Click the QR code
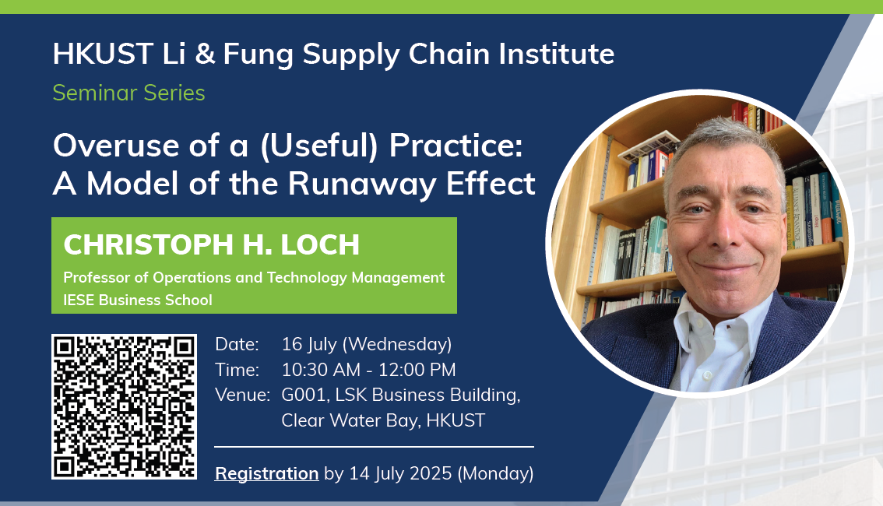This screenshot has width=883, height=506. tap(124, 407)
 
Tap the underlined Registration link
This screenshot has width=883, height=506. tap(267, 474)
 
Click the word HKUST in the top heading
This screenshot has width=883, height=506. tap(103, 54)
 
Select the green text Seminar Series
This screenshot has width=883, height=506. tap(129, 93)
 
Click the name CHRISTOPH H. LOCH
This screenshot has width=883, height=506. tap(211, 245)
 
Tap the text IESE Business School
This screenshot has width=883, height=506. tap(137, 300)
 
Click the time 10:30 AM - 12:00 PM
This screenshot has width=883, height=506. tap(369, 370)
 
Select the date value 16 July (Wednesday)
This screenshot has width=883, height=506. tap(367, 344)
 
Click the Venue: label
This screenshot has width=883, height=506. tap(243, 395)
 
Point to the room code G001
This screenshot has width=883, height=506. tap(304, 395)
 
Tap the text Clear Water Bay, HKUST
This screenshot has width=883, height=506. tap(383, 420)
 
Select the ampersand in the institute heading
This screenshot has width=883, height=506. tap(205, 54)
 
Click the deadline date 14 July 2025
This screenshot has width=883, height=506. tap(400, 474)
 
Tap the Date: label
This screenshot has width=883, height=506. tap(237, 344)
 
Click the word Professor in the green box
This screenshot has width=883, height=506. tap(91, 277)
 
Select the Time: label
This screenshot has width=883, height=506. tap(237, 370)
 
